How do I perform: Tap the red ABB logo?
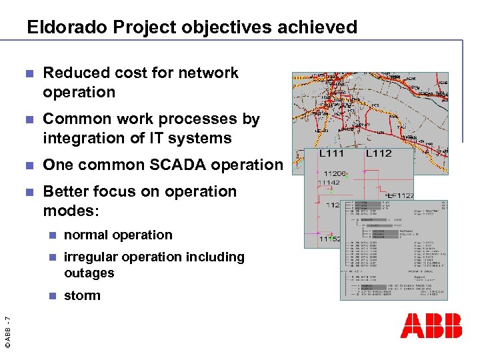coord(431,325)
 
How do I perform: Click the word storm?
coord(82,295)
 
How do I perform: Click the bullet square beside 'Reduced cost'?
coord(27,73)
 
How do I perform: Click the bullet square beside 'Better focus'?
coord(27,192)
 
